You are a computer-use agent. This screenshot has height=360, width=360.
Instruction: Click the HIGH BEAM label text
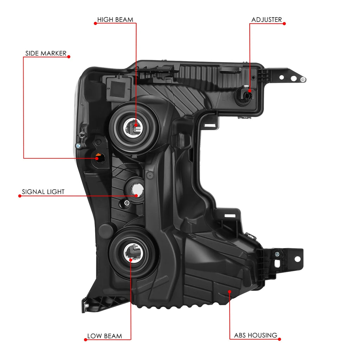[x=115, y=20]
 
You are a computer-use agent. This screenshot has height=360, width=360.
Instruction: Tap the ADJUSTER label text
[x=266, y=20]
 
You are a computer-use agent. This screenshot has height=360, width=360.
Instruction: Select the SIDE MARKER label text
[x=46, y=53]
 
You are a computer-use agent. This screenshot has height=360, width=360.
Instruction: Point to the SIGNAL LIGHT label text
[x=43, y=192]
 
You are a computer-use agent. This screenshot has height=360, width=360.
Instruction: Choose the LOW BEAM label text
[x=105, y=336]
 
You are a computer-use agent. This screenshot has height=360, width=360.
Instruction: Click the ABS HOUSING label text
[x=256, y=335]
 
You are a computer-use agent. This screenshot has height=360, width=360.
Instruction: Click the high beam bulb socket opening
[x=134, y=128]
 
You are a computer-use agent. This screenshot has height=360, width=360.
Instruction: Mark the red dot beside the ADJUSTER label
[x=284, y=24]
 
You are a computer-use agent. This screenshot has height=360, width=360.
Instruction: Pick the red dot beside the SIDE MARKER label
[x=69, y=57]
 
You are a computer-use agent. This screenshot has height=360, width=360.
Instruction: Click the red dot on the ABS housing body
[x=230, y=291]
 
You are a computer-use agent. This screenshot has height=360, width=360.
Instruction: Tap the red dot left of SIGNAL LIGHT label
[x=20, y=196]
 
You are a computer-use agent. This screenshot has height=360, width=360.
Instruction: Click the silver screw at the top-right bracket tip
[x=303, y=80]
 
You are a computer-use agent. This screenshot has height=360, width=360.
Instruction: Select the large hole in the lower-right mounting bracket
[x=297, y=259]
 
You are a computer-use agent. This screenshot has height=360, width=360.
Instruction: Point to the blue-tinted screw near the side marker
[x=78, y=146]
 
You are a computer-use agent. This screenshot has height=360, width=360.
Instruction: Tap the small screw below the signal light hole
[x=127, y=203]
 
